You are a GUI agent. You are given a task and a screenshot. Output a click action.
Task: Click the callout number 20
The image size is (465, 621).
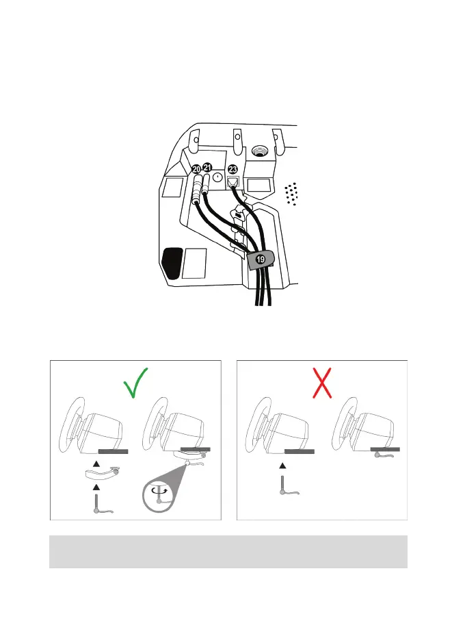[196, 169]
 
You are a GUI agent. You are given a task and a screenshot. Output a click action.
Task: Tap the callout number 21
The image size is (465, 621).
[208, 168]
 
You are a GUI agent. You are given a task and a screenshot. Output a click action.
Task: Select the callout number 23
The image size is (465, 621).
[233, 169]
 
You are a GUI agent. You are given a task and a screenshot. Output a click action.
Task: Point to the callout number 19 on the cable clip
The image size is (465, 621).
[260, 260]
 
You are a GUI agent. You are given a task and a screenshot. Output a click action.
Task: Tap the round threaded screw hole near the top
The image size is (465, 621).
[259, 149]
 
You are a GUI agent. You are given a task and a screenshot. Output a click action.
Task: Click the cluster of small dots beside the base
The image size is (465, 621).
[292, 194]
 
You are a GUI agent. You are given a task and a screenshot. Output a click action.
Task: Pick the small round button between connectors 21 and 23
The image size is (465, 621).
[217, 177]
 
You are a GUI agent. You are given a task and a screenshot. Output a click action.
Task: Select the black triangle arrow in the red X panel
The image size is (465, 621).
[282, 466]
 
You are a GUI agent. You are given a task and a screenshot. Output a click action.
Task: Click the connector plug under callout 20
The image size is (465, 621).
[197, 188]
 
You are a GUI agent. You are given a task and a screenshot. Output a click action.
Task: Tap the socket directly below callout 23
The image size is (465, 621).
[233, 183]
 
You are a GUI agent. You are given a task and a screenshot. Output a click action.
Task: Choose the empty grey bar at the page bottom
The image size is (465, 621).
[228, 552]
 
